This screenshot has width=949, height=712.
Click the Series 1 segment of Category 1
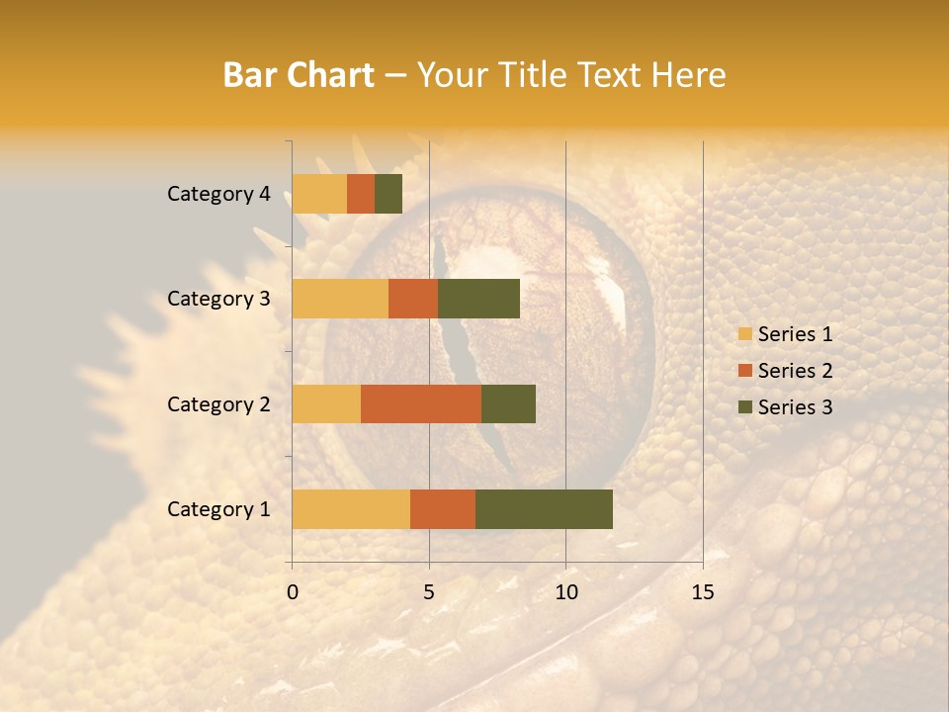[x=351, y=508]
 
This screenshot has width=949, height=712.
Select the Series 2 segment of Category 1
[x=443, y=508]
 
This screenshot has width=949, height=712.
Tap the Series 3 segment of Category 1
[x=544, y=508]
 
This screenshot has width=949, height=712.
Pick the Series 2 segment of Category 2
[x=421, y=403]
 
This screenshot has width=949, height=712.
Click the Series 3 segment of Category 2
[x=508, y=403]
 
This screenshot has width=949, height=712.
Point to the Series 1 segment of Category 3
[x=340, y=299]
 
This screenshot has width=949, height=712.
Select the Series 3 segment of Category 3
[x=478, y=299]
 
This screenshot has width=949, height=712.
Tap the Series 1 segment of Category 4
[x=319, y=194]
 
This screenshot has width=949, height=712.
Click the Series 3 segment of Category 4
[x=388, y=194]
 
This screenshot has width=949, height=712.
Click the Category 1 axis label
[x=218, y=509]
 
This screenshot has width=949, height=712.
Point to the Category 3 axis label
[x=218, y=299]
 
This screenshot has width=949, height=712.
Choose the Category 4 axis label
[x=218, y=194]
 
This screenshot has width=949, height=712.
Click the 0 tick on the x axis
[x=293, y=592]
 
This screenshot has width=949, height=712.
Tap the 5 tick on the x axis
[x=429, y=592]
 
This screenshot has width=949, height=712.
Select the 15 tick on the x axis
[x=702, y=592]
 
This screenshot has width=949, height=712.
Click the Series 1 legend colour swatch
[x=744, y=334]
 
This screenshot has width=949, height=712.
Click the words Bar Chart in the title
[x=299, y=75]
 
